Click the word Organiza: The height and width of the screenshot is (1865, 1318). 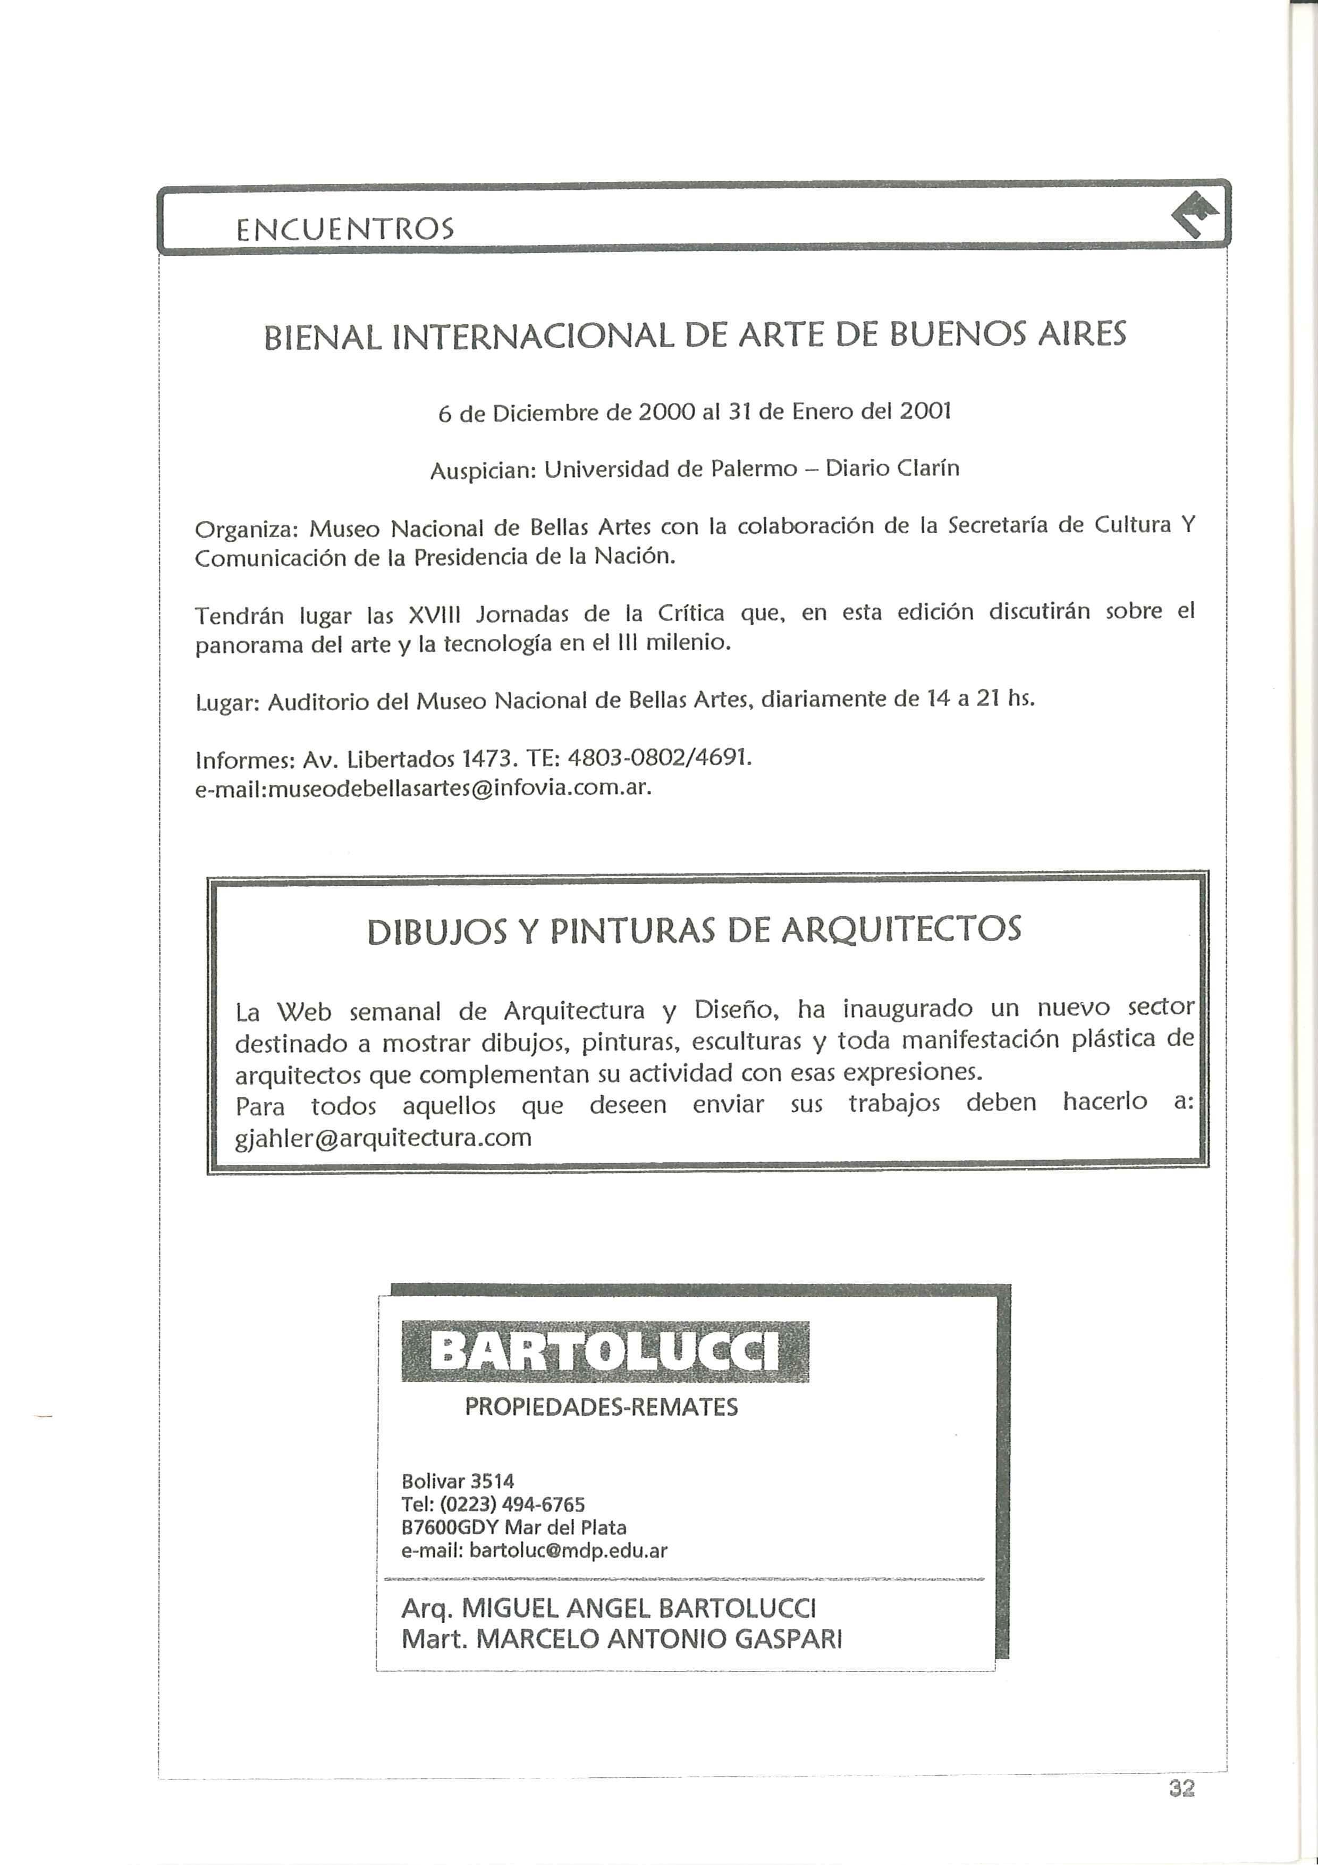(247, 530)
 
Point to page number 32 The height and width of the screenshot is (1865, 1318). (1181, 1788)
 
